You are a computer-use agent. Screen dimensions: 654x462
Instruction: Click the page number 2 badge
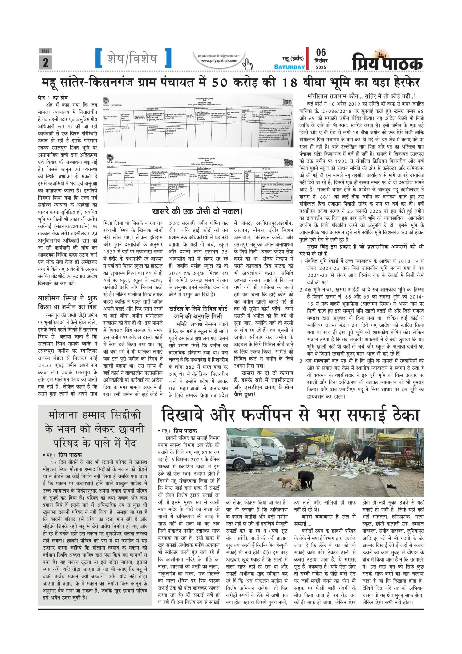[x=45, y=62]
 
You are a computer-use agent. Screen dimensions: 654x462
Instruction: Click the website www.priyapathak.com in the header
[x=219, y=61]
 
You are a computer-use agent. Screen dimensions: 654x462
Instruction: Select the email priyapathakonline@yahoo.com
[x=219, y=55]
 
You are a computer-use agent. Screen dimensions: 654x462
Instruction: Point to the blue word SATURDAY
[x=290, y=67]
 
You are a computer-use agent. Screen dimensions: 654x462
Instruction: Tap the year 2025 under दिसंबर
[x=320, y=67]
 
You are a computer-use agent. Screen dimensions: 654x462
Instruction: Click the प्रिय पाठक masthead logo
[x=388, y=62]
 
